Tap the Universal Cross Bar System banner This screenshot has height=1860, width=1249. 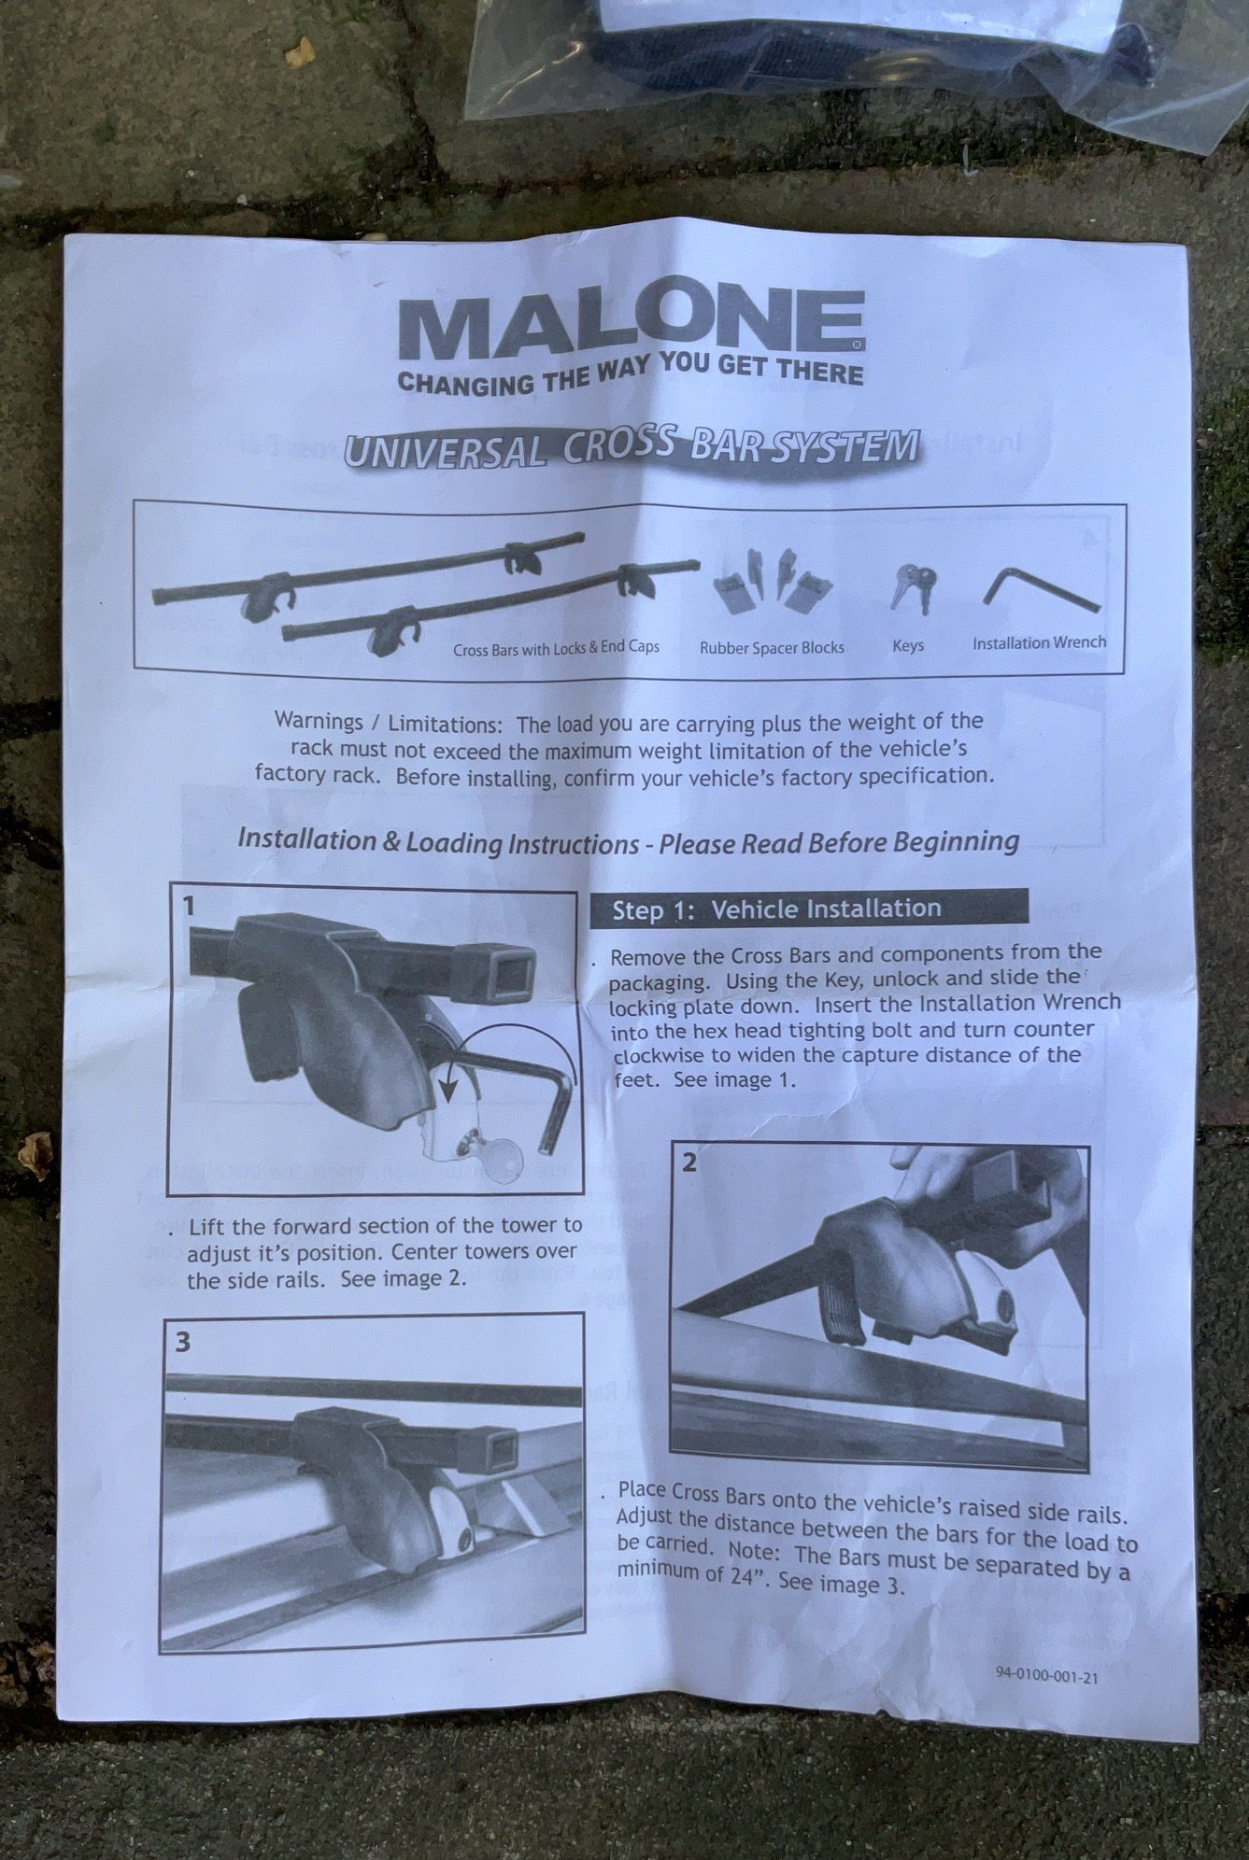pos(632,449)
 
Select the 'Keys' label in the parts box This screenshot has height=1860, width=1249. pos(908,645)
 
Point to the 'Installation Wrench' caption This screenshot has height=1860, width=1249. pos(1039,642)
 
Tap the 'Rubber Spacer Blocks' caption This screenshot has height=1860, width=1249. pos(772,647)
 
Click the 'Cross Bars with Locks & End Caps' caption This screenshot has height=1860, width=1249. pos(557,648)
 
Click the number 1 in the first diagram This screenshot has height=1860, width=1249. pos(190,906)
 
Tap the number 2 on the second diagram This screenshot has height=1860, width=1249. pos(689,1162)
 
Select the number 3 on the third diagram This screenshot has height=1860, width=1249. pos(183,1342)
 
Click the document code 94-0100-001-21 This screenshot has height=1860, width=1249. pos(1046,1676)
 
